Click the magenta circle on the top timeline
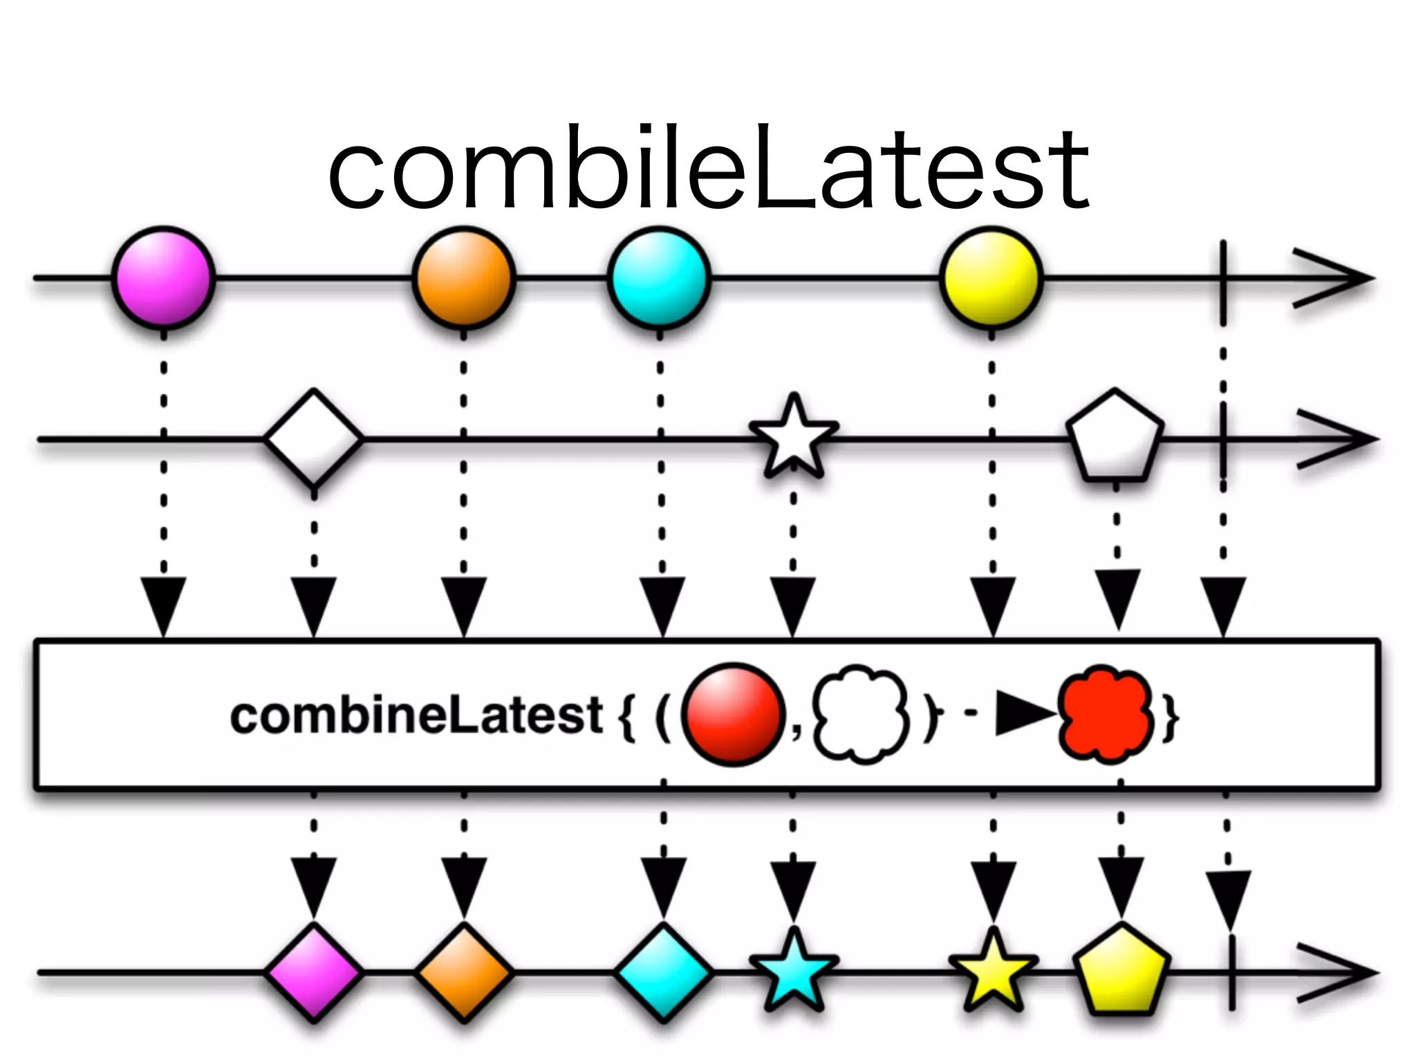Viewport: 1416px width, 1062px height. coord(163,277)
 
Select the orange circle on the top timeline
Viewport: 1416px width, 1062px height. coord(464,277)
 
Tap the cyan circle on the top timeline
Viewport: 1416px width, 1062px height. coord(659,277)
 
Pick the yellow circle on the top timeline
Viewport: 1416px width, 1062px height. coord(991,277)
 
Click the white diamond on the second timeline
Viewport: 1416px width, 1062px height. coord(314,438)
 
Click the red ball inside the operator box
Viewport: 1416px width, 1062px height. coord(733,714)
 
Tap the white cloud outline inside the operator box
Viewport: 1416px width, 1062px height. coord(860,714)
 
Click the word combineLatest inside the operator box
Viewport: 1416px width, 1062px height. coord(417,716)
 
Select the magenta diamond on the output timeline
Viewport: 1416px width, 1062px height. coord(314,972)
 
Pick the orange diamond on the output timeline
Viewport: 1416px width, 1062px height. coord(464,972)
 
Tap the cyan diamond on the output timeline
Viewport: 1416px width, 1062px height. coord(663,972)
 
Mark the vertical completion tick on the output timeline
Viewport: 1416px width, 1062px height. coord(1231,972)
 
